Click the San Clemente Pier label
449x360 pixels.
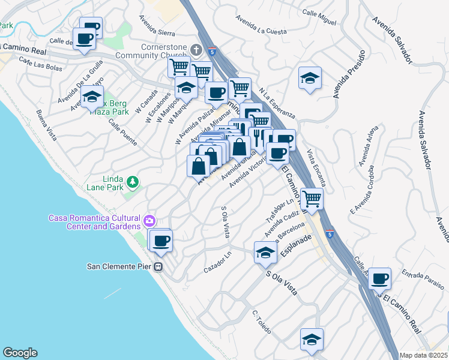tap(120, 266)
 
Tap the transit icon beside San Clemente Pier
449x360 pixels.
tap(159, 266)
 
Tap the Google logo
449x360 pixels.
tap(20, 353)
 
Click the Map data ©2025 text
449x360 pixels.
tap(424, 355)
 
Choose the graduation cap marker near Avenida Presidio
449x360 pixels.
tap(310, 78)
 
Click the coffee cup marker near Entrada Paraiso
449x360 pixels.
tap(380, 278)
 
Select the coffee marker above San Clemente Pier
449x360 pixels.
tap(160, 241)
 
